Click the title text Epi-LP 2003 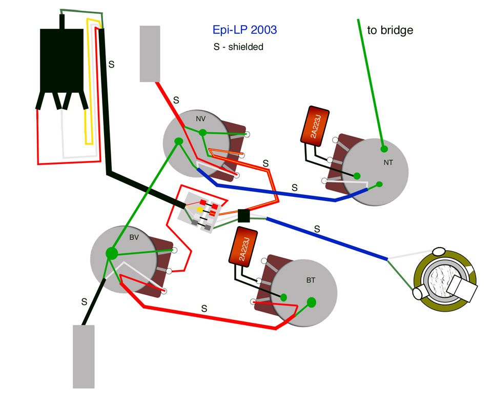244,30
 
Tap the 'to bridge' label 390,30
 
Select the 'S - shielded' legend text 238,47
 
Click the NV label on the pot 200,118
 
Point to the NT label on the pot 389,163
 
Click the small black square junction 244,216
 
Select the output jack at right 445,281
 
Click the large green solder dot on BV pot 111,253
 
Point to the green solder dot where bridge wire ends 383,149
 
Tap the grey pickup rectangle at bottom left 84,356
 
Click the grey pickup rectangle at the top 150,53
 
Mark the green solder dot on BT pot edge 312,302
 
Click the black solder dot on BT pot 283,296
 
